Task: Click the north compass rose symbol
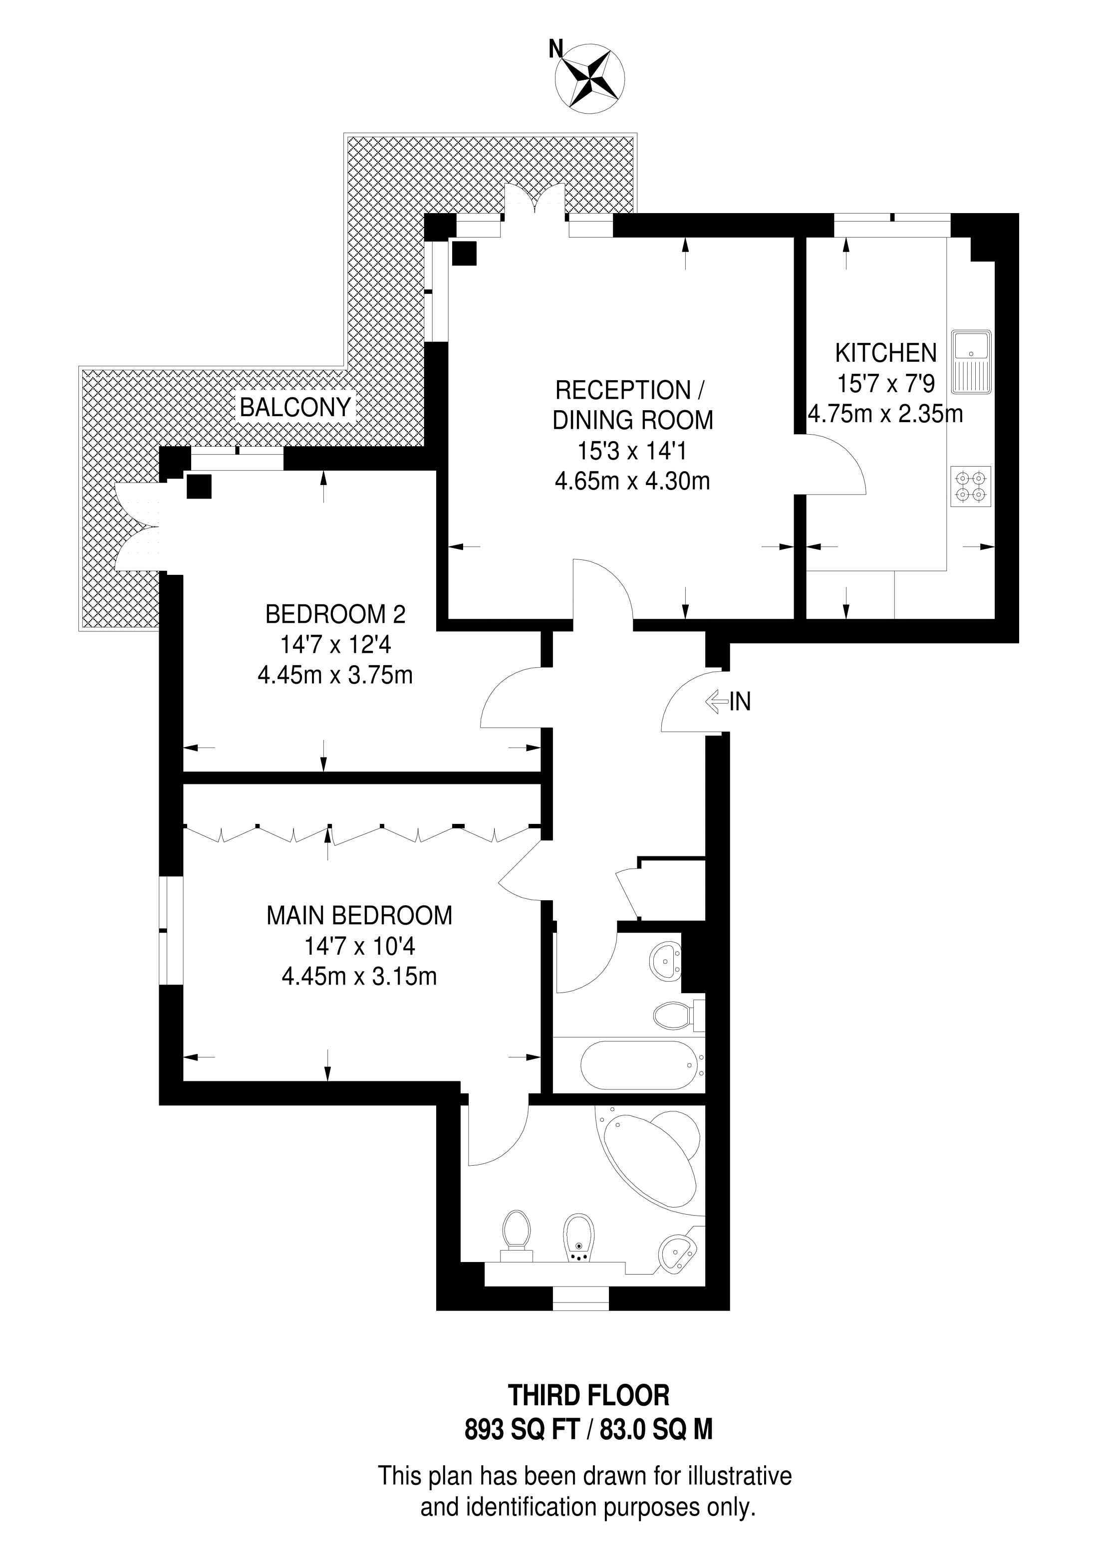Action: tap(589, 78)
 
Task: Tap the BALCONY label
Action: tap(295, 407)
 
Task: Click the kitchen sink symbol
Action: tap(972, 362)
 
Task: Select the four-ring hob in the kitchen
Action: tap(971, 487)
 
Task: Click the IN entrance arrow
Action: tap(716, 702)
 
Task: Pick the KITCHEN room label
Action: tap(885, 353)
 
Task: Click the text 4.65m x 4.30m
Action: tap(632, 482)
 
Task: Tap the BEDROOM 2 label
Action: tap(335, 614)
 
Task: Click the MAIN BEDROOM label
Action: tap(359, 915)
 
